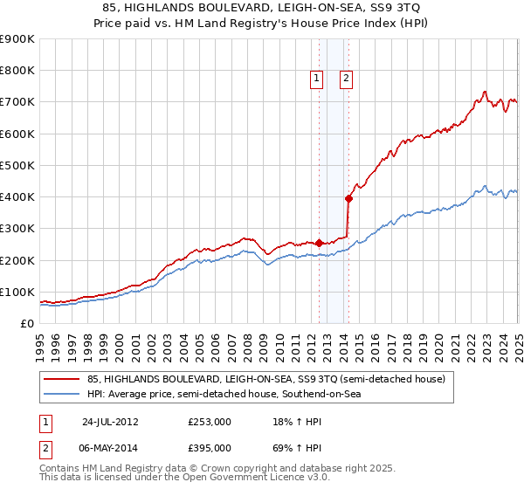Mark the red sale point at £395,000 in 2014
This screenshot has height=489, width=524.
pyautogui.click(x=348, y=198)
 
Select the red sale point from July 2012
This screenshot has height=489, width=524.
pyautogui.click(x=320, y=243)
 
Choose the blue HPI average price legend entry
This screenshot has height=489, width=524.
pyautogui.click(x=224, y=395)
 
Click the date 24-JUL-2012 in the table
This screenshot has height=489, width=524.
pyautogui.click(x=110, y=422)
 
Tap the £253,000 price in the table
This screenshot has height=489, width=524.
pyautogui.click(x=210, y=422)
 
